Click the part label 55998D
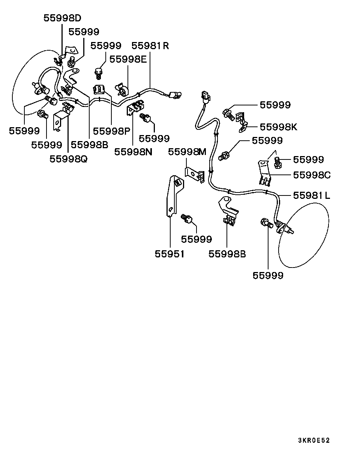click(62, 18)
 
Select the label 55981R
click(150, 46)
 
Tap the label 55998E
click(128, 59)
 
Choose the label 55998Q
click(68, 159)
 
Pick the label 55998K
click(278, 127)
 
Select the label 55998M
click(187, 152)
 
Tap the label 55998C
click(312, 175)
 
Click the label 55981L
click(312, 195)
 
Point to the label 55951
click(170, 254)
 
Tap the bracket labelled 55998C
click(264, 173)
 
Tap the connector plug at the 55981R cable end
click(175, 95)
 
